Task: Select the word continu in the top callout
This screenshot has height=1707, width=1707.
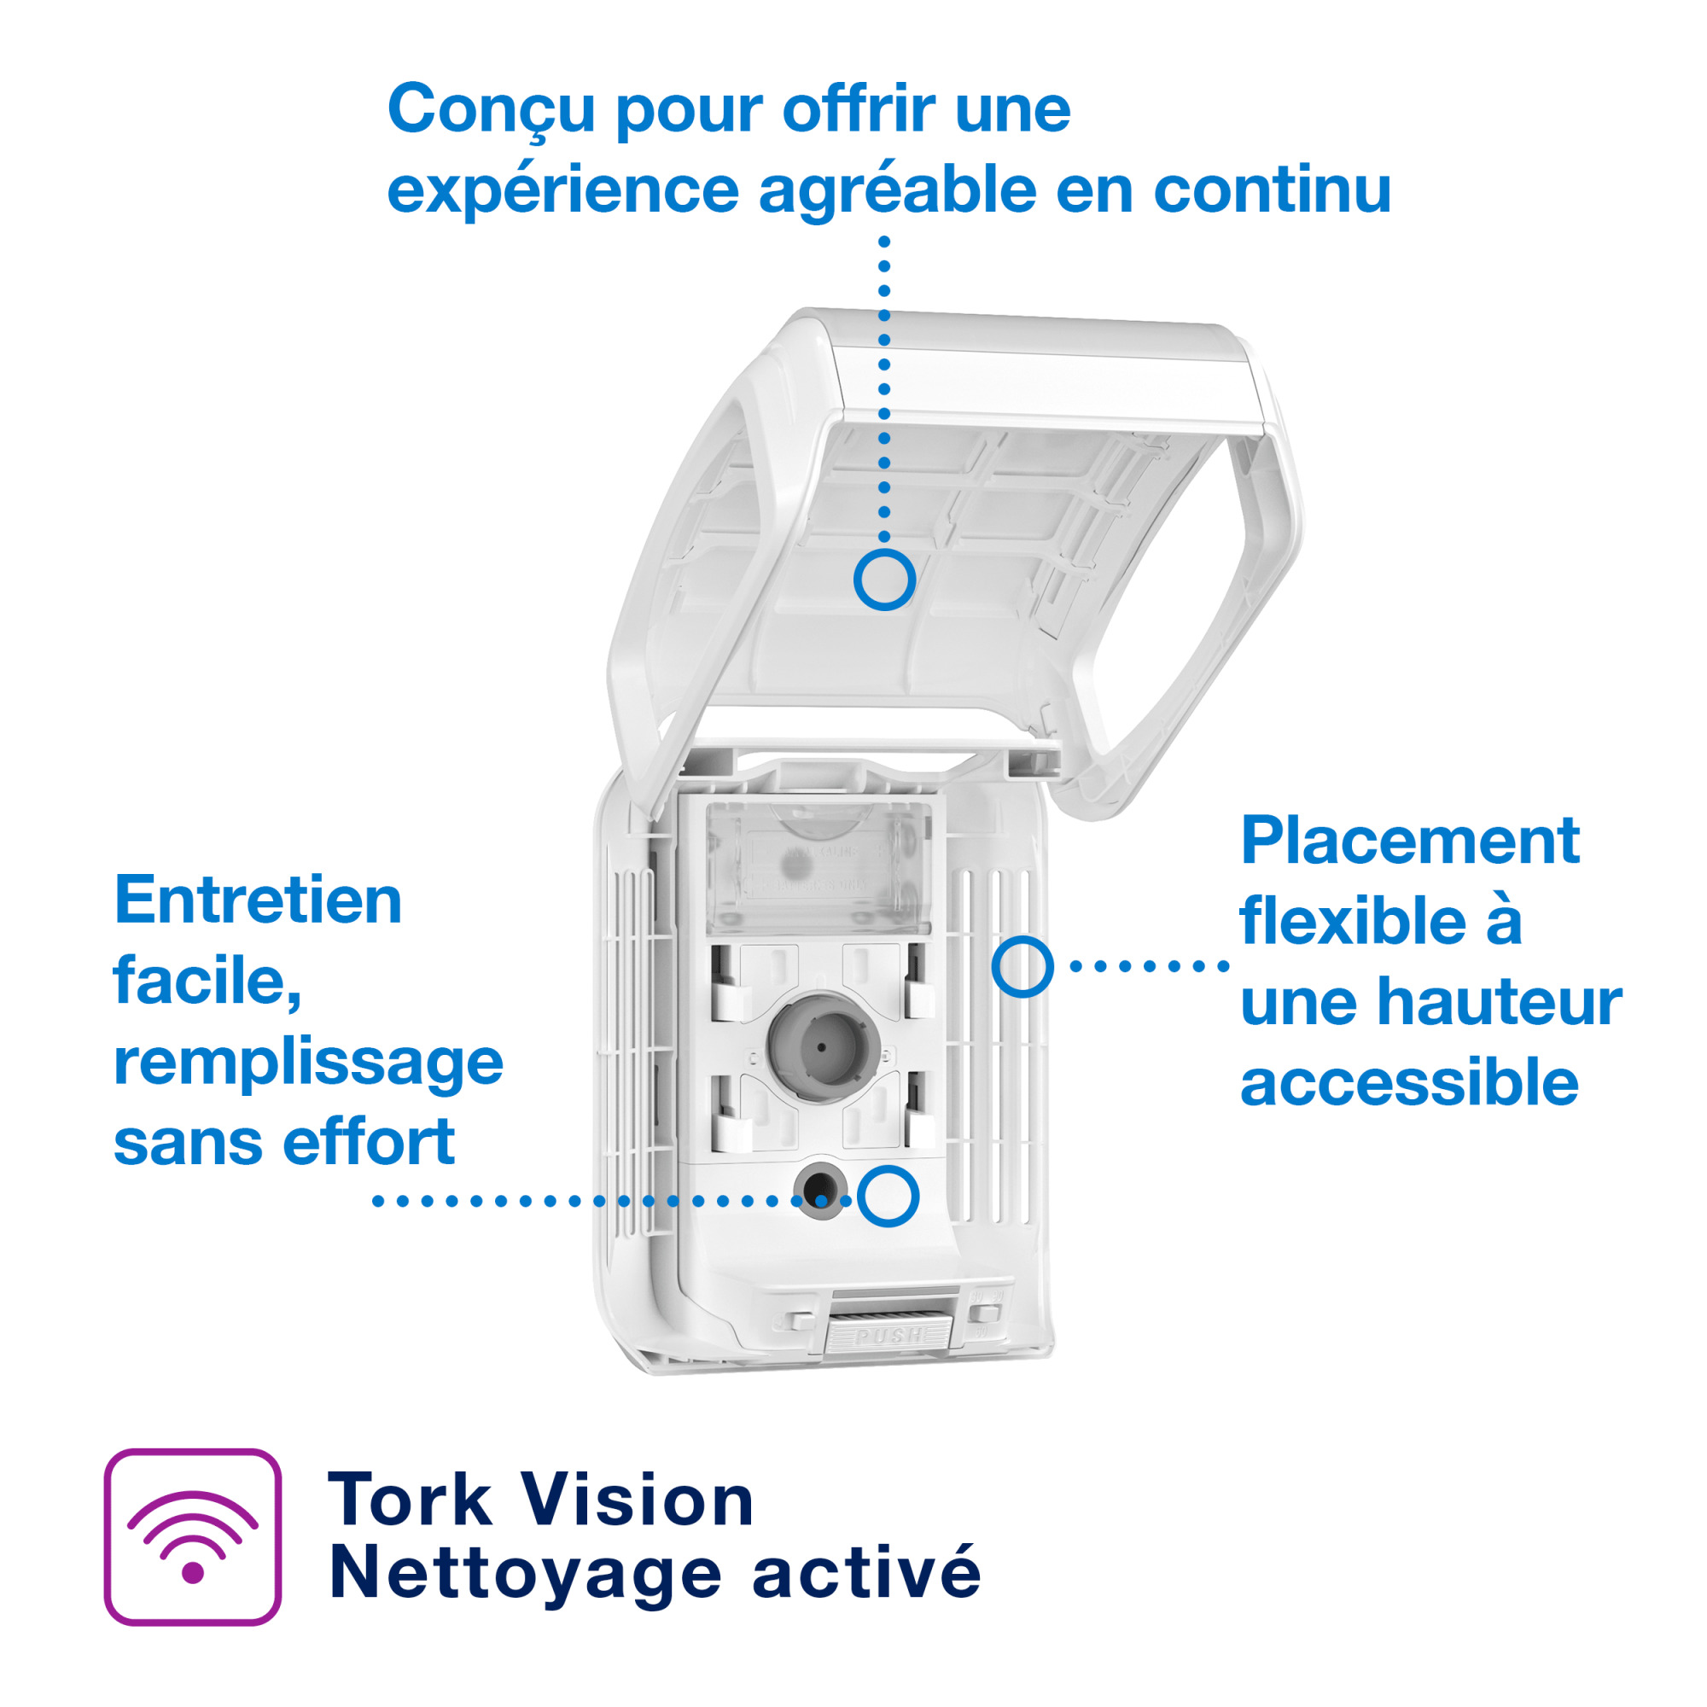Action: point(1273,190)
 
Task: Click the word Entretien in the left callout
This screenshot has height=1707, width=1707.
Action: point(258,900)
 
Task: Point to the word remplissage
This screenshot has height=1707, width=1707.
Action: point(308,1063)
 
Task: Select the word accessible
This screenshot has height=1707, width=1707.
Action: point(1409,1083)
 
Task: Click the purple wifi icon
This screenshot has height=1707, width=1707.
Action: point(193,1536)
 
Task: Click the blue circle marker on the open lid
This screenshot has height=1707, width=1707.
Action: point(883,580)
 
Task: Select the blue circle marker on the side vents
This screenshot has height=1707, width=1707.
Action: point(1022,967)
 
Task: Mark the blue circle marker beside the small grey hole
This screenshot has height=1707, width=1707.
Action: point(887,1197)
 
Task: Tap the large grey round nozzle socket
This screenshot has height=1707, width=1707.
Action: point(821,1046)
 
